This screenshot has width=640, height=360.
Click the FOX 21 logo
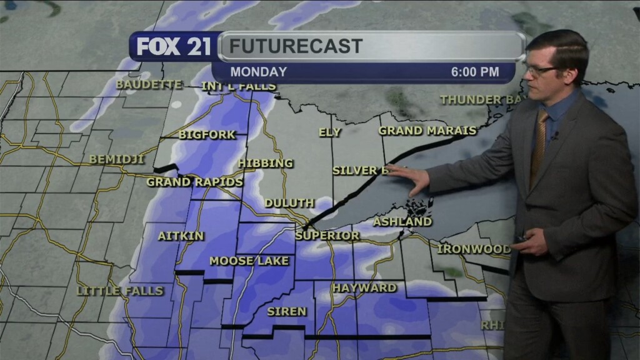173,47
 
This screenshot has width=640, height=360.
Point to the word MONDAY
258,72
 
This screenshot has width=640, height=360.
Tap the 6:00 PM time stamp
475,72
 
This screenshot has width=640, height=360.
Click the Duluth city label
289,203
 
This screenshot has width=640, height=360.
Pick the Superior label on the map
327,236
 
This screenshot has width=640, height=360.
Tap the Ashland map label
402,222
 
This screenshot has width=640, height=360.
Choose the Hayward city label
364,287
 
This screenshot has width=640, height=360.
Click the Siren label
286,311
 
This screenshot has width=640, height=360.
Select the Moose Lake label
249,261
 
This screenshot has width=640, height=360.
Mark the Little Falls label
119,291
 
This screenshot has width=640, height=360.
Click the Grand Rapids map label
194,182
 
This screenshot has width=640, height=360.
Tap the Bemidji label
116,159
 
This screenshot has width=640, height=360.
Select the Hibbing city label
265,163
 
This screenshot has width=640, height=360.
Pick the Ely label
329,132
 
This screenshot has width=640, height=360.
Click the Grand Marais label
427,131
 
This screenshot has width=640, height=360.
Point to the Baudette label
149,84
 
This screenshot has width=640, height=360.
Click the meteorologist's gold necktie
538,147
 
